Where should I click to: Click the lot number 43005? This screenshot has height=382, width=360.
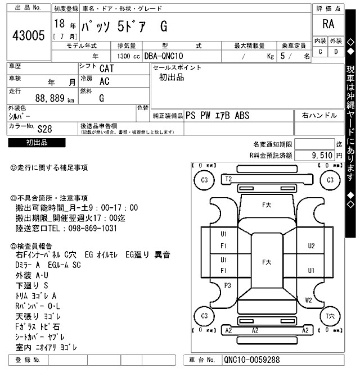pyautogui.click(x=28, y=36)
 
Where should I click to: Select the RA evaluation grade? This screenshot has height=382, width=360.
pyautogui.click(x=328, y=24)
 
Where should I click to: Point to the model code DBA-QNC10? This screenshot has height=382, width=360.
pyautogui.click(x=164, y=56)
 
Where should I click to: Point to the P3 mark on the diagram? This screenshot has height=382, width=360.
pyautogui.click(x=228, y=285)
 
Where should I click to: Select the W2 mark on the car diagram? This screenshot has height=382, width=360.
pyautogui.click(x=308, y=300)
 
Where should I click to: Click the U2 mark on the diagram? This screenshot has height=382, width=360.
pyautogui.click(x=311, y=245)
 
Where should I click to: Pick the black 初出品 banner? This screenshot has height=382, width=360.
pyautogui.click(x=37, y=143)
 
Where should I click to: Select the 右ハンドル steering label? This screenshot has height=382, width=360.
pyautogui.click(x=318, y=115)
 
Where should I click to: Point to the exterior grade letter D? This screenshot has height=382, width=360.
pyautogui.click(x=336, y=52)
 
